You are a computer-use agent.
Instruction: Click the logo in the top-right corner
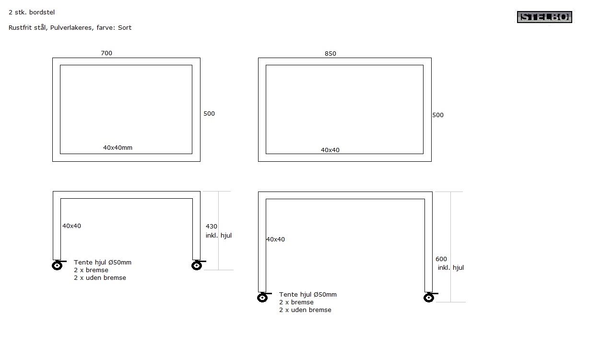coord(544,17)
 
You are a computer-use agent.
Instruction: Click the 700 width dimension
coord(106,53)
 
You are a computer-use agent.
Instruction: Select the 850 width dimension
coord(330,54)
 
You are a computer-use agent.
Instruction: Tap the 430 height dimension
coord(212,226)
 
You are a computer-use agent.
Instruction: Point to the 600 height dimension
coord(441,259)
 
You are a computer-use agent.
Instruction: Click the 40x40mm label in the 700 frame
coord(118,148)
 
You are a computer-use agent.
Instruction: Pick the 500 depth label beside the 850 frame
coord(438,115)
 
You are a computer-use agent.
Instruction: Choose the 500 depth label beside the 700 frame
coord(209,114)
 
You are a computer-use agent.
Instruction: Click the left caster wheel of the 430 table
coord(58,265)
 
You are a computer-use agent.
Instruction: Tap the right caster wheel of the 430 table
coord(197,265)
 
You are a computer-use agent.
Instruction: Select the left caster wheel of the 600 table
coord(263,298)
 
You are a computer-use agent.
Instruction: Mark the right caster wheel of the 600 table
coord(429,298)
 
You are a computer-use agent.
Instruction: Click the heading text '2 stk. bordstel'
coord(32,12)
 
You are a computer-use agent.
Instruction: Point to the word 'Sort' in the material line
coord(125,28)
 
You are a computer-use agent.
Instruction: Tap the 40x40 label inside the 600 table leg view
coord(276,240)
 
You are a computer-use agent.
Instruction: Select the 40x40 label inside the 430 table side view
coord(71,226)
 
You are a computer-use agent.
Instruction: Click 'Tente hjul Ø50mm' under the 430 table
coord(103,263)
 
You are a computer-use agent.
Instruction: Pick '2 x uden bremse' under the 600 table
coord(305,310)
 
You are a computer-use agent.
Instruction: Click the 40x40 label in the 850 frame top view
coord(330,150)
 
